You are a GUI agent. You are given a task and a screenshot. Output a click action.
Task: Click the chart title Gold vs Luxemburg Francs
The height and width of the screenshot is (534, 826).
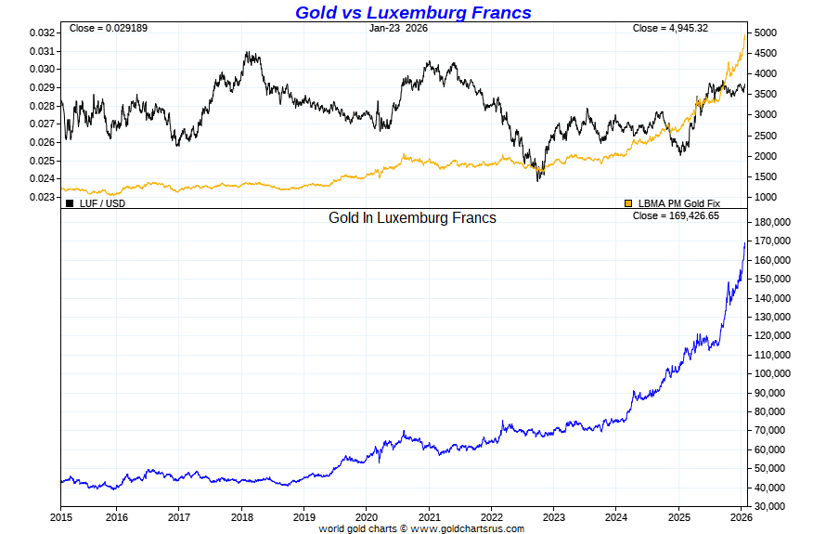(413, 12)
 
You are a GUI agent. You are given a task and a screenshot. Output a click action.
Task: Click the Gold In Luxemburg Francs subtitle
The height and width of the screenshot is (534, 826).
(412, 218)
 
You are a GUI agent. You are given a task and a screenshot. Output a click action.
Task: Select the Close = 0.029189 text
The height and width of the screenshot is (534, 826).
(109, 28)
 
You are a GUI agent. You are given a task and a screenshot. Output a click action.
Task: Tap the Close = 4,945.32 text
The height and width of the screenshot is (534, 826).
(670, 28)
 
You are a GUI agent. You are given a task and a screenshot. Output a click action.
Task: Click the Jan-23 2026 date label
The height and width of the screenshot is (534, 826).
(398, 28)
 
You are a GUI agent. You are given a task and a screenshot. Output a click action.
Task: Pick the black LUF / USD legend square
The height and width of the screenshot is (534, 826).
(70, 202)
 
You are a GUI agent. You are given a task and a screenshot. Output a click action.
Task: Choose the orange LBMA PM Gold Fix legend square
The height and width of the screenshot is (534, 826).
(628, 202)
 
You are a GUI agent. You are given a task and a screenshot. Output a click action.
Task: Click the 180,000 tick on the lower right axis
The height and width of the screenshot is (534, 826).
(771, 223)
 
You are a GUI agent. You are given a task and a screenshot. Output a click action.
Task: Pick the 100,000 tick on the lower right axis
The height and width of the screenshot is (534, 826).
(771, 373)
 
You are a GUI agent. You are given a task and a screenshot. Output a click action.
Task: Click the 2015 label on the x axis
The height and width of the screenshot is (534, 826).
(61, 516)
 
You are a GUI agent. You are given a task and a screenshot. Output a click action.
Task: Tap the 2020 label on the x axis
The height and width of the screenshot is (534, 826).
(367, 516)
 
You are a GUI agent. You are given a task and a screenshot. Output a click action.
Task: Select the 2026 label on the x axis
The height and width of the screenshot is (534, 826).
(742, 516)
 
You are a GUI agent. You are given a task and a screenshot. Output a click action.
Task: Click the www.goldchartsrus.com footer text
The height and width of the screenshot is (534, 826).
(467, 528)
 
